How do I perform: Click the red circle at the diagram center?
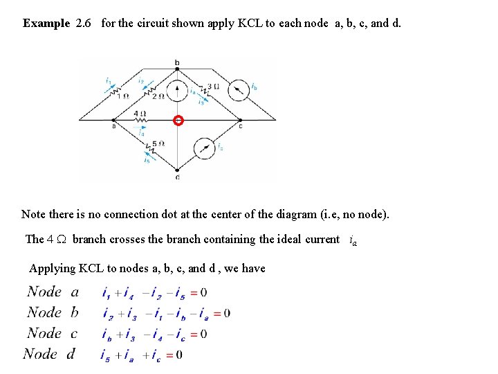(x=178, y=121)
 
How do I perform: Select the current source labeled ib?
(x=239, y=90)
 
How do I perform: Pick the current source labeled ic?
(x=204, y=148)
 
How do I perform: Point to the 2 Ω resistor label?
(x=158, y=97)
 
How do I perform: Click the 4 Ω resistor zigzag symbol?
(x=140, y=121)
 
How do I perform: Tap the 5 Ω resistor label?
(x=158, y=144)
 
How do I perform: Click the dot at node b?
(x=178, y=69)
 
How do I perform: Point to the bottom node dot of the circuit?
(x=178, y=169)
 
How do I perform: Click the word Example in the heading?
(x=46, y=24)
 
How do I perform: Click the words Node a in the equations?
(x=53, y=292)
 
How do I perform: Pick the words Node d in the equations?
(x=49, y=355)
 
